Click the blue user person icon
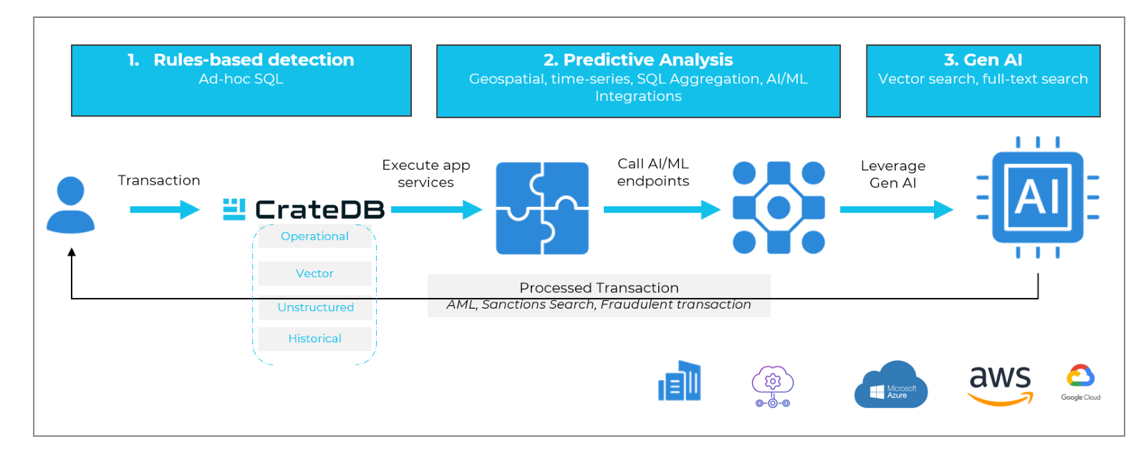(70, 206)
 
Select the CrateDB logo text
(319, 210)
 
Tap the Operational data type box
(314, 236)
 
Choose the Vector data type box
(314, 274)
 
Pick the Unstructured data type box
(315, 307)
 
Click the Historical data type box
(314, 339)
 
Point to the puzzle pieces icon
(542, 208)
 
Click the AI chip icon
(1037, 198)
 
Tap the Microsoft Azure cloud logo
(890, 386)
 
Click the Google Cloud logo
(1080, 382)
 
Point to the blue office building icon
(679, 381)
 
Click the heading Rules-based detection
(253, 60)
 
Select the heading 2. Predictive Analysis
(637, 60)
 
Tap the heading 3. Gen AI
(983, 60)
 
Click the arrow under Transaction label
(164, 210)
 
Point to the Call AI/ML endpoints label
(653, 173)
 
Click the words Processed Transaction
(599, 288)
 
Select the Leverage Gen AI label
(892, 174)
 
